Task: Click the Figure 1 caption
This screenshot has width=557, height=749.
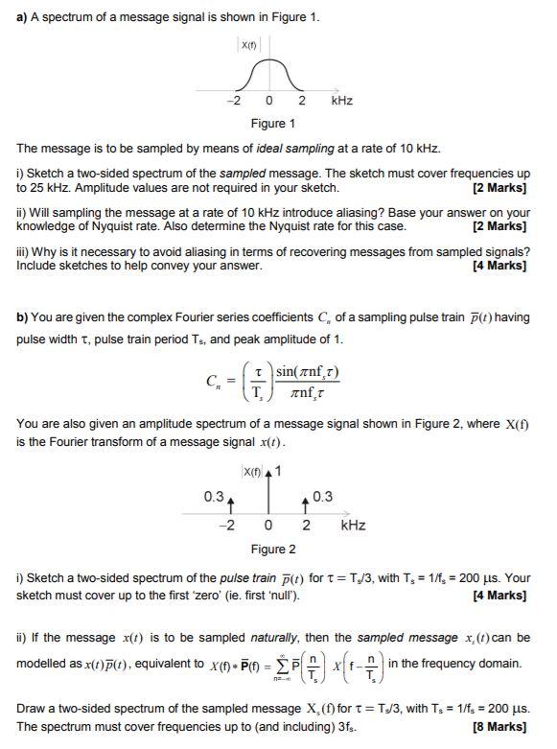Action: (272, 123)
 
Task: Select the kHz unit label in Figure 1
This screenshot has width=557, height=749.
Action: (342, 101)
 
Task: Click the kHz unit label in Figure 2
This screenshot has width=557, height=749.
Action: (353, 526)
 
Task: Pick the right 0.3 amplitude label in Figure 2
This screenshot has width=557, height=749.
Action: (323, 496)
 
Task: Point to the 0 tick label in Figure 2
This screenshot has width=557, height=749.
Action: (269, 526)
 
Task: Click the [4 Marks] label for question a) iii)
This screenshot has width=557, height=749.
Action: (499, 266)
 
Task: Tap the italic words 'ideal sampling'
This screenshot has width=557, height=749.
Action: (297, 149)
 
